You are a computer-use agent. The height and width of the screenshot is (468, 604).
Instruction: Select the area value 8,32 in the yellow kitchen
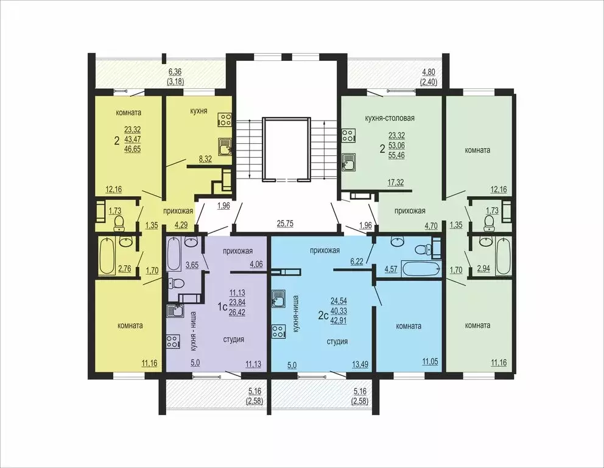pos(205,158)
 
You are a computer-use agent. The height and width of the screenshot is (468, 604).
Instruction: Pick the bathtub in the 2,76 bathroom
pos(108,256)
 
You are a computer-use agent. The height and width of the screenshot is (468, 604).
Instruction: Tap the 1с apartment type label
pos(223,307)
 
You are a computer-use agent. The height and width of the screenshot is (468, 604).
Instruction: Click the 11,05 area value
pos(430,362)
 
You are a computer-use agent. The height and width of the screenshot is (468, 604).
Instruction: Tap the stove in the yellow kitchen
pos(225,120)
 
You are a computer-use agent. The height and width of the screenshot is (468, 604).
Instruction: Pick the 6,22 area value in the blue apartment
pos(357,261)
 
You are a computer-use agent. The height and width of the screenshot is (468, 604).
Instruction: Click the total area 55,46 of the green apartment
pos(397,156)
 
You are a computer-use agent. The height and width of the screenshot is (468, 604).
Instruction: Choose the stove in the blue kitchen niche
pos(279,332)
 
